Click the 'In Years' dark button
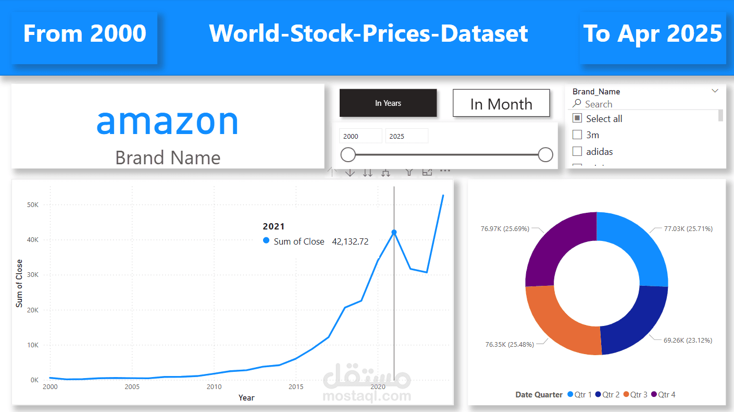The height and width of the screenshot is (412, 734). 388,103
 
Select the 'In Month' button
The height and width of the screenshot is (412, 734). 501,104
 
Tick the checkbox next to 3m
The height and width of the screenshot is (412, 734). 577,135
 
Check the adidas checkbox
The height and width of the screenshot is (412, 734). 577,151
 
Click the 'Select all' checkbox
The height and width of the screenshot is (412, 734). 577,118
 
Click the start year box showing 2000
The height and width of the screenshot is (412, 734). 360,136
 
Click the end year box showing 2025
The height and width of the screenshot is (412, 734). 406,136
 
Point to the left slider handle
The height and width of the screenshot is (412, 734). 348,154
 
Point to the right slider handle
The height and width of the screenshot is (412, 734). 545,154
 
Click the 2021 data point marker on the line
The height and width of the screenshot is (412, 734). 394,232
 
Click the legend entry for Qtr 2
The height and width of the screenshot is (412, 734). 607,395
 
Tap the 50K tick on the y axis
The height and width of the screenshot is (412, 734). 32,205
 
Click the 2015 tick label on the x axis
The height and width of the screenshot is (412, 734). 295,387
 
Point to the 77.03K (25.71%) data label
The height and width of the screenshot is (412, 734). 688,228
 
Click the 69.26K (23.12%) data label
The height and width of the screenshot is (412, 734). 688,340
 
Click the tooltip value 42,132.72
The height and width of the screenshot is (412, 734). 350,241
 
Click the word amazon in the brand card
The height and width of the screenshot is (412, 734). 167,121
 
